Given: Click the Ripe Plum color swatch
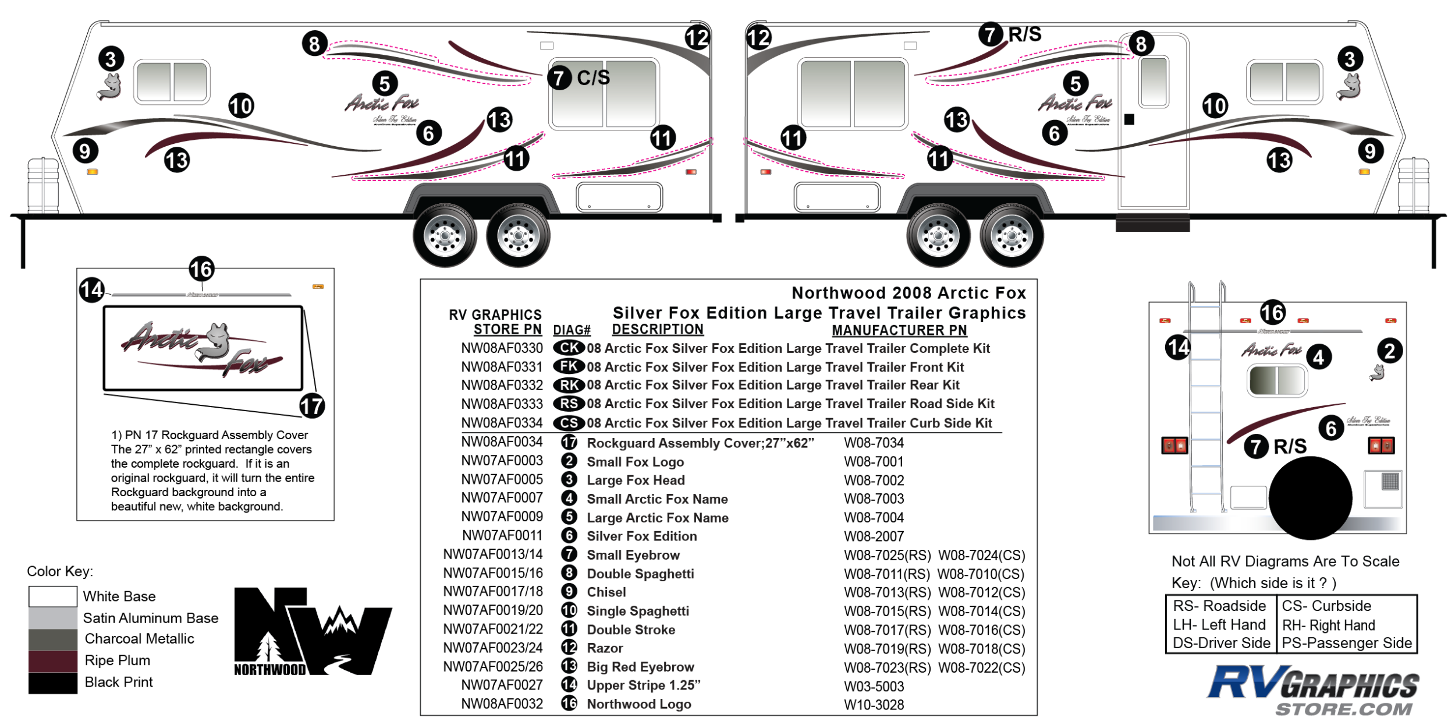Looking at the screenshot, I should pyautogui.click(x=52, y=661).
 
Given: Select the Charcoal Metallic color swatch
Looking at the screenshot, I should pyautogui.click(x=52, y=639).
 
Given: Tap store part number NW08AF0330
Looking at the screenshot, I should pyautogui.click(x=502, y=348).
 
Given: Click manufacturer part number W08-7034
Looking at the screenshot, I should pyautogui.click(x=874, y=443).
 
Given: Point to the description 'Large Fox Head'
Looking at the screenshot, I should pyautogui.click(x=636, y=480).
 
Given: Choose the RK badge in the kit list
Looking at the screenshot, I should pyautogui.click(x=569, y=385).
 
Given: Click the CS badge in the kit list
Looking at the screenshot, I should pyautogui.click(x=569, y=423).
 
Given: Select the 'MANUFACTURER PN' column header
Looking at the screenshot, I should pyautogui.click(x=899, y=330).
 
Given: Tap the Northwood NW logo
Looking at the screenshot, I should pyautogui.click(x=313, y=632).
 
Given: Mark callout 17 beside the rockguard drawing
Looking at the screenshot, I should pyautogui.click(x=312, y=406).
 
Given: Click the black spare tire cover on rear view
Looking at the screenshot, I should pyautogui.click(x=1310, y=498).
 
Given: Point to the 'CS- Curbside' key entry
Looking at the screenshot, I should pyautogui.click(x=1326, y=606).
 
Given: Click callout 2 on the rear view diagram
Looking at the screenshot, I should pyautogui.click(x=1390, y=351).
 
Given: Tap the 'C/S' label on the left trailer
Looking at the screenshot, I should pyautogui.click(x=593, y=77).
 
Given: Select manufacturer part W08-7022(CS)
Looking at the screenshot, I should pyautogui.click(x=982, y=667).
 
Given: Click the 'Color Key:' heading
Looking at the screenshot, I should pyautogui.click(x=60, y=571).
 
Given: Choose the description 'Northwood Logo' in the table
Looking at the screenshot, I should pyautogui.click(x=638, y=704).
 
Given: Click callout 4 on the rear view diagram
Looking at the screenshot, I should pyautogui.click(x=1319, y=357).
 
